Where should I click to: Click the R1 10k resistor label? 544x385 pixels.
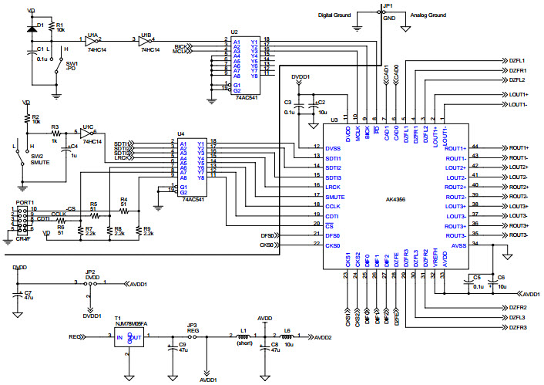point(60,26)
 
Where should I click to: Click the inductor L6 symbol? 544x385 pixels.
point(288,337)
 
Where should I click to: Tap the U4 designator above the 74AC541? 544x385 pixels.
point(181,134)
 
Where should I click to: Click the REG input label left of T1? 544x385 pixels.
point(75,337)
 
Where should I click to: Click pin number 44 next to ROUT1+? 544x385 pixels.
point(475,146)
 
